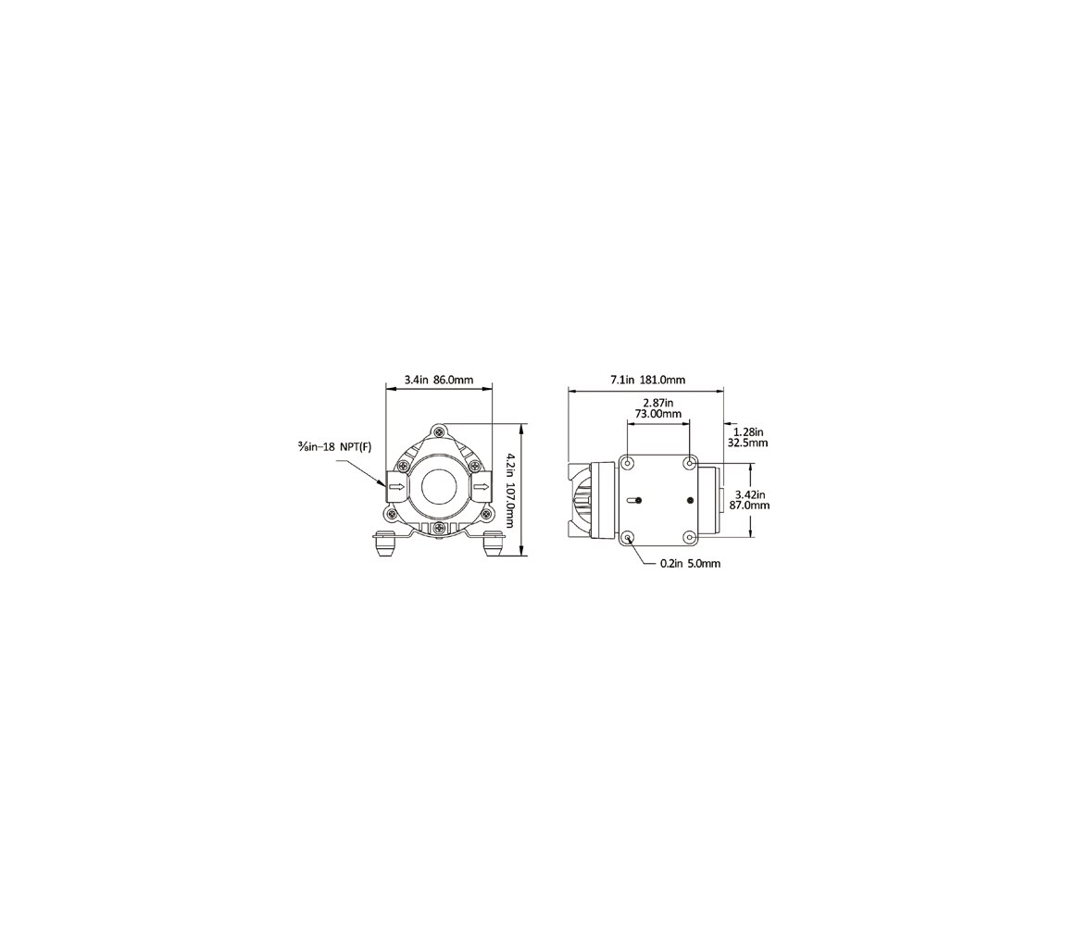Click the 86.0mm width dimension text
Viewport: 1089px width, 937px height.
[x=454, y=380]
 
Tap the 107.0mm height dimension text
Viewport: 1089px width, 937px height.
[x=511, y=506]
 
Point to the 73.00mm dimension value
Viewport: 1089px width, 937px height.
[x=658, y=414]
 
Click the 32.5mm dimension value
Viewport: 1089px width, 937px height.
[x=747, y=443]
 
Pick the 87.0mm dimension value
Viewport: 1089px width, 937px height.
[x=750, y=506]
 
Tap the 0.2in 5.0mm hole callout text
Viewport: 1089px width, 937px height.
[x=691, y=564]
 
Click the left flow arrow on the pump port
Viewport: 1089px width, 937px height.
[x=396, y=487]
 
